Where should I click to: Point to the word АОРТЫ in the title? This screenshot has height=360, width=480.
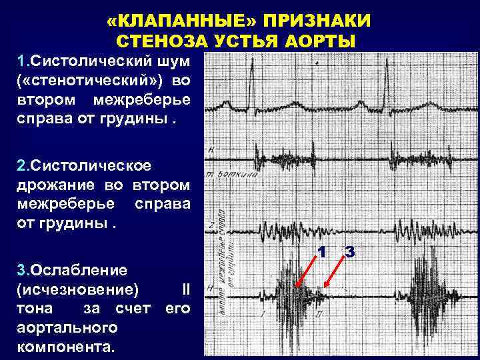point(321,41)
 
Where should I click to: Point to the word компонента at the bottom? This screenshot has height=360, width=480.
point(65,347)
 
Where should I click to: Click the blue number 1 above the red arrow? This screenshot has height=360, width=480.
point(320,253)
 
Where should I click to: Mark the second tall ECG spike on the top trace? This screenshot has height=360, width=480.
point(386,80)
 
